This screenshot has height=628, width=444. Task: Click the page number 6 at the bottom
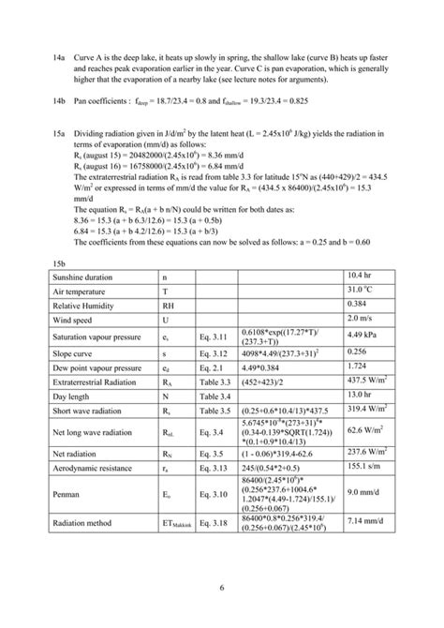click(221, 588)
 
